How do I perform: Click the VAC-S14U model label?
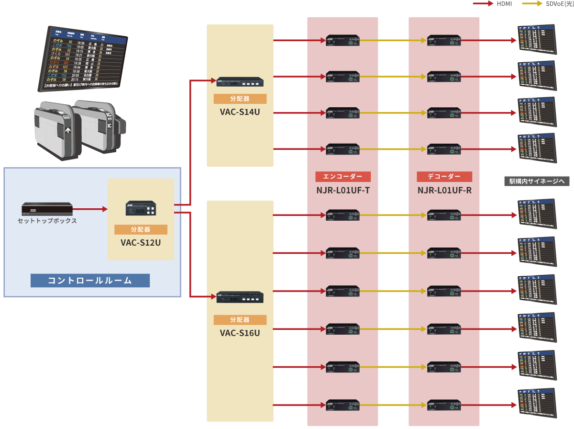[x=240, y=113]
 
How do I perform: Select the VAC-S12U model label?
[x=141, y=242]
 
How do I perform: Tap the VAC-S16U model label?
[x=240, y=333]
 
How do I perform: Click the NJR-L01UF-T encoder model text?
[x=342, y=190]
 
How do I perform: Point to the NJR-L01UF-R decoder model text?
[x=444, y=190]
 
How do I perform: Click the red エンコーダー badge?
[x=342, y=177]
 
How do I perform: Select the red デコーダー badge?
[x=444, y=177]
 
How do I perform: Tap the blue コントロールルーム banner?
[x=90, y=280]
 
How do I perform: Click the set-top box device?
[x=47, y=209]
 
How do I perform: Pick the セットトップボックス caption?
[x=47, y=221]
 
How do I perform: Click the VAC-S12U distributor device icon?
[x=141, y=208]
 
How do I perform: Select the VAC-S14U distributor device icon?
[x=240, y=82]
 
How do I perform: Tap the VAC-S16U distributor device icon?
[x=240, y=297]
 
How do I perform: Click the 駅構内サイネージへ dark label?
[x=536, y=181]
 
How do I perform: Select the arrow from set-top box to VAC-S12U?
[x=90, y=209]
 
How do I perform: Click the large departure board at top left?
[x=82, y=59]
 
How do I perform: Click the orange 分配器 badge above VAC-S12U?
[x=141, y=229]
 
